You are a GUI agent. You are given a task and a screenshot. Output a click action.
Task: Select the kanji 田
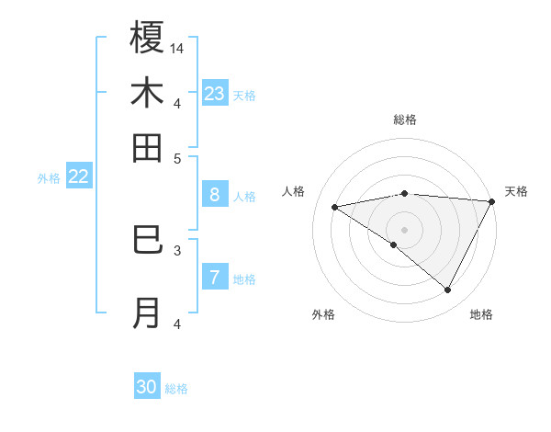pyautogui.click(x=147, y=148)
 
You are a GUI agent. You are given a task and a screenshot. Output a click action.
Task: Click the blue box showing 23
pyautogui.click(x=215, y=94)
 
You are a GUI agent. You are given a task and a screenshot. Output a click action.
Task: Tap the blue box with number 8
pyautogui.click(x=215, y=195)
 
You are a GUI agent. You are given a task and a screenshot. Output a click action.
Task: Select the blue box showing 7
pyautogui.click(x=215, y=278)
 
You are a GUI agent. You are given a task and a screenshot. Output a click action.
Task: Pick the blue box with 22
pyautogui.click(x=78, y=177)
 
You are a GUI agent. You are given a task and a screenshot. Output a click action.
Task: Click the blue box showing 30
pyautogui.click(x=147, y=387)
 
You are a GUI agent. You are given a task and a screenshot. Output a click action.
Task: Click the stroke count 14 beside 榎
pyautogui.click(x=177, y=48)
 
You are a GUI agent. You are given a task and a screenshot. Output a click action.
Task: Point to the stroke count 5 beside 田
pyautogui.click(x=177, y=158)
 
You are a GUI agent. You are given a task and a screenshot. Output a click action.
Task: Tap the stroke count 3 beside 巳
pyautogui.click(x=177, y=249)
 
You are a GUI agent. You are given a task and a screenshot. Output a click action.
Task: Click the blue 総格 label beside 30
pyautogui.click(x=176, y=389)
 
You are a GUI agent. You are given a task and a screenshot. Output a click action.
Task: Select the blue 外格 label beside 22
pyautogui.click(x=49, y=178)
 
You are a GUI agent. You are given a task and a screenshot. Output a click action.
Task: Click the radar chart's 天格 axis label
pyautogui.click(x=516, y=191)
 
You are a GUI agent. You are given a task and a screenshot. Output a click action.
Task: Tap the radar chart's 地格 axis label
pyautogui.click(x=481, y=314)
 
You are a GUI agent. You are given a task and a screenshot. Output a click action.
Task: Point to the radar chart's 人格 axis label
pyautogui.click(x=293, y=191)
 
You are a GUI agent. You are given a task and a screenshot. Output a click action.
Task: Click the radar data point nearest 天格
pyautogui.click(x=492, y=202)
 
